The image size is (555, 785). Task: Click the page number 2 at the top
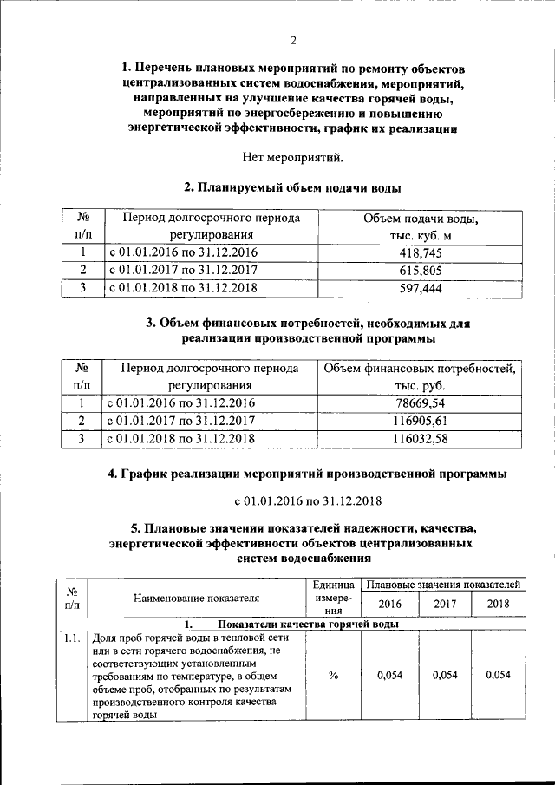(293, 40)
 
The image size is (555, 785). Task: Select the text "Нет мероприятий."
(293, 157)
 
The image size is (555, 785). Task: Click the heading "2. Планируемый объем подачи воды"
(293, 187)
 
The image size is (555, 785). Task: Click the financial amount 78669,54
(420, 403)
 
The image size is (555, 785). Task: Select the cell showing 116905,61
(420, 421)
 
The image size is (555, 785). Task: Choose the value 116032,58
(420, 439)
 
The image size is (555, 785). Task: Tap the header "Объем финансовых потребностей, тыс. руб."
(420, 377)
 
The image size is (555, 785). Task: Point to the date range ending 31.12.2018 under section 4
(293, 501)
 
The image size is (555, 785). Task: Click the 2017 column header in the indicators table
(445, 605)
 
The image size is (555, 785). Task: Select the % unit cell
(333, 677)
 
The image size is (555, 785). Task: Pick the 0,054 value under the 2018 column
(499, 677)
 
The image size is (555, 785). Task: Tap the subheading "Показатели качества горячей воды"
(308, 624)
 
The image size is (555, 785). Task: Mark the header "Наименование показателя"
(197, 598)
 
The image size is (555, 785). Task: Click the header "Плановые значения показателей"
(442, 585)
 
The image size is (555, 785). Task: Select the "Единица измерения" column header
(333, 598)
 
